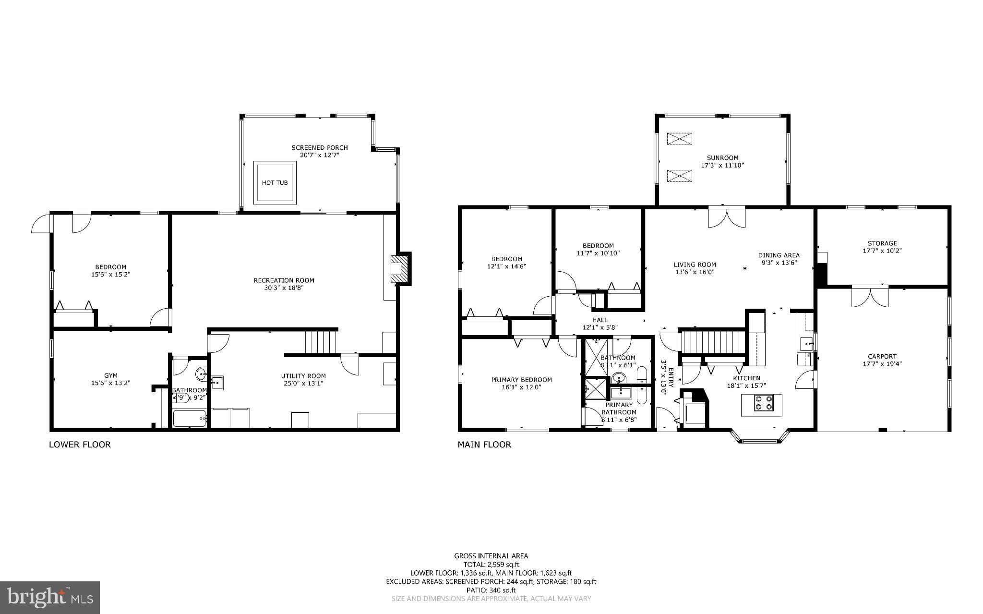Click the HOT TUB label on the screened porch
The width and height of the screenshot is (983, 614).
coord(275,183)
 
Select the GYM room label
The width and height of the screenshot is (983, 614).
coord(110,375)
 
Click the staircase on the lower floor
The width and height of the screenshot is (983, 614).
coord(321,342)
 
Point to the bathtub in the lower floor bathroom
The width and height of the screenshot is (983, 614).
coord(189,419)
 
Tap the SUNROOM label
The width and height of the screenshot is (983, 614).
coord(722,157)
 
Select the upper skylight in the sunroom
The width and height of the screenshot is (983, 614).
coord(680,139)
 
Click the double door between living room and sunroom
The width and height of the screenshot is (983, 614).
coord(727,217)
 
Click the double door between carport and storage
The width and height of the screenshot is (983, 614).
coord(870,296)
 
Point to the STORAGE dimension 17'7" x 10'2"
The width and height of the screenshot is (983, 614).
coord(882,251)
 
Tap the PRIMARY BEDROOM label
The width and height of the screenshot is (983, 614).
coord(521,380)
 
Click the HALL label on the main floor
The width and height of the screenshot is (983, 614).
coord(599,320)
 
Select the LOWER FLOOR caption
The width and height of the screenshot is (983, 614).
coord(80,445)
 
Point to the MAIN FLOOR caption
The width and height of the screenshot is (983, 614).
coord(484,445)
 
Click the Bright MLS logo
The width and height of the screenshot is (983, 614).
coord(50,598)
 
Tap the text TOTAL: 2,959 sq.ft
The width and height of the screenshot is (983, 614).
coord(491,565)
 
